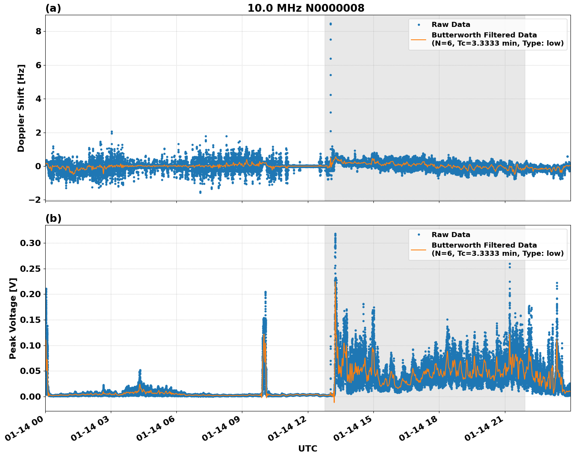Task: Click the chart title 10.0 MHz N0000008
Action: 306,8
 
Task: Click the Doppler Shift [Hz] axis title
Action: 21,108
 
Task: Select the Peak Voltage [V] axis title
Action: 13,318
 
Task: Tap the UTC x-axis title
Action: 307,449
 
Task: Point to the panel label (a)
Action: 53,8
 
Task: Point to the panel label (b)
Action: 53,218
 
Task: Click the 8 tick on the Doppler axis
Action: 38,32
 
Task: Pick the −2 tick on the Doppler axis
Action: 35,200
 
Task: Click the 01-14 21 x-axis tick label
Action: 485,432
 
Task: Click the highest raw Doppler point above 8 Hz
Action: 331,24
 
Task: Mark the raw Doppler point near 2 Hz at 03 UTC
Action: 112,132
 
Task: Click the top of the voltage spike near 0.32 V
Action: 335,234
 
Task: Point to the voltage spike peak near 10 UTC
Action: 265,292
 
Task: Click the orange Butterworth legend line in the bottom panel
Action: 418,250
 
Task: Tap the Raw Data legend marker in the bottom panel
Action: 419,235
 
